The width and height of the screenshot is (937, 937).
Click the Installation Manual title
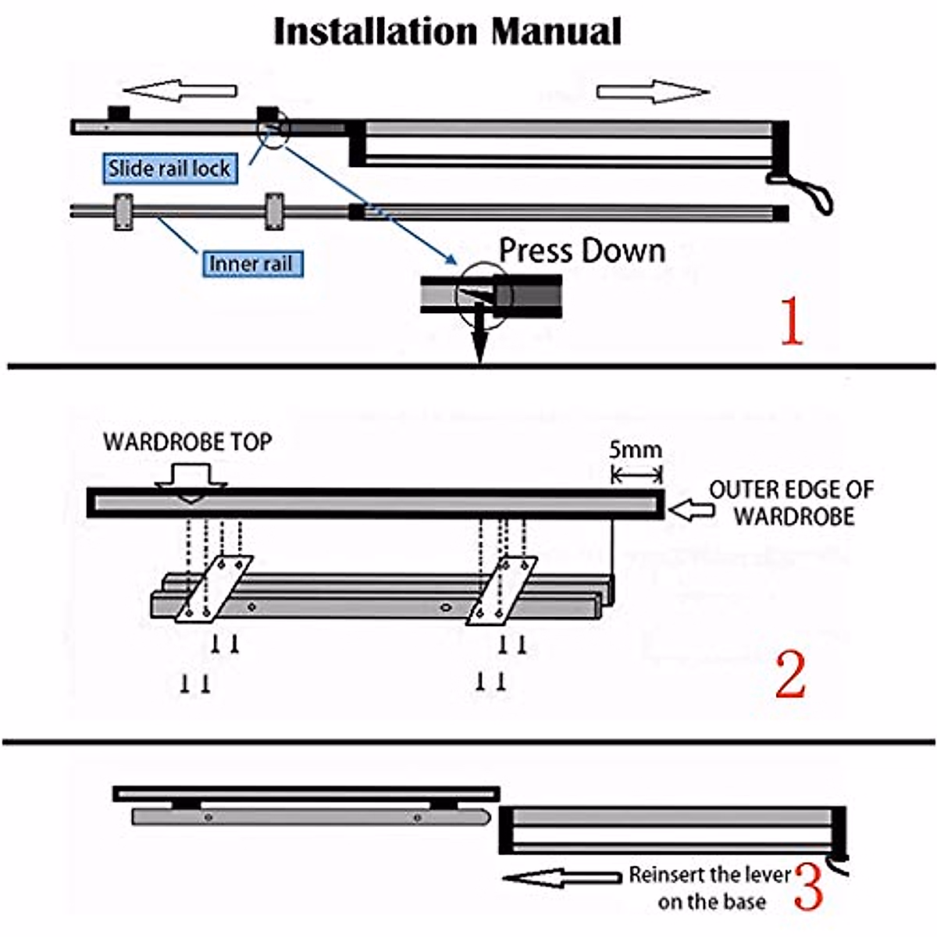pos(447,32)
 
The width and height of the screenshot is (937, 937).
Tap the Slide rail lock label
pos(169,168)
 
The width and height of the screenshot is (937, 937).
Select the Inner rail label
pos(251,264)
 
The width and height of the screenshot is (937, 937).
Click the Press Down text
pos(582,251)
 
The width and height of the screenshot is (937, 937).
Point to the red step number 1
pos(791,321)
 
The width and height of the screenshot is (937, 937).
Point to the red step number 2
pos(789,675)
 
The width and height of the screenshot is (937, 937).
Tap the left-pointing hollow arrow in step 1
pos(179,91)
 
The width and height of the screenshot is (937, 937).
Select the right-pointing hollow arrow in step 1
pos(653,91)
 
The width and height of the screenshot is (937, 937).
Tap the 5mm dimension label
pos(635,451)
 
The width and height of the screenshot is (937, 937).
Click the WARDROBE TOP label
pos(187,442)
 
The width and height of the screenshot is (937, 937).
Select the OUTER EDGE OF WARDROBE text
pos(792,503)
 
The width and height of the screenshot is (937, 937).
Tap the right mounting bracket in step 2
pos(502,590)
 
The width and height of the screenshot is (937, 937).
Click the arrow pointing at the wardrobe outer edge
pos(692,511)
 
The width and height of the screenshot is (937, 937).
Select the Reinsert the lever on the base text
pos(711,889)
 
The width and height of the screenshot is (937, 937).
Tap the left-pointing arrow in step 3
pos(561,878)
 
